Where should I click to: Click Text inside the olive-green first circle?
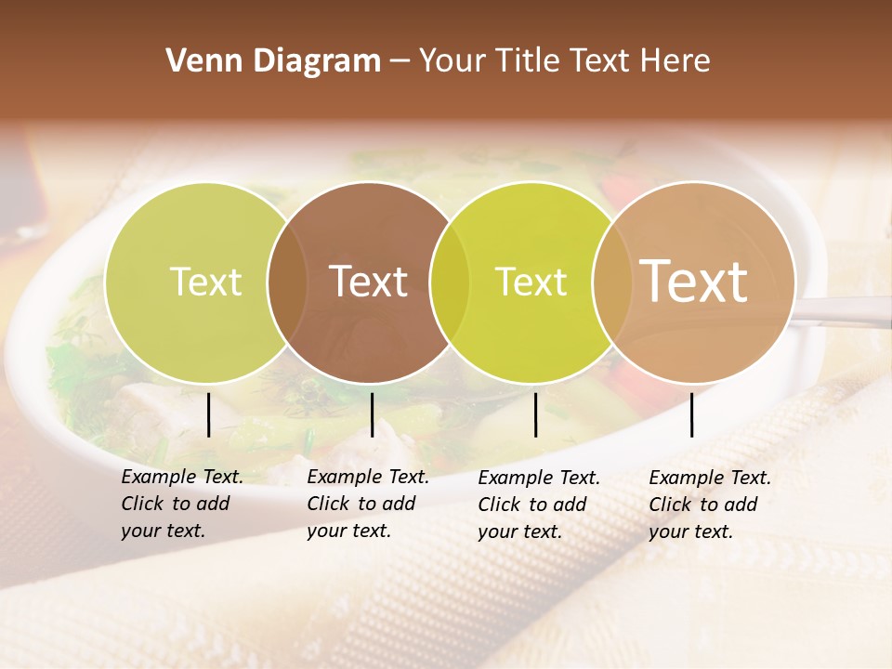pos(205,282)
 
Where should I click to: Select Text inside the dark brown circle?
pos(369,282)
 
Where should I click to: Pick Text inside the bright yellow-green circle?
pos(531,282)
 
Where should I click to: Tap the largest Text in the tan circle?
pos(694,281)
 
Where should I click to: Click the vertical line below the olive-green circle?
pos(208,414)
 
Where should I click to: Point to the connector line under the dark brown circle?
pos(372,414)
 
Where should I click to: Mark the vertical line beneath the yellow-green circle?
pos(535,414)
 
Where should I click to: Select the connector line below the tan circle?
pos(691,414)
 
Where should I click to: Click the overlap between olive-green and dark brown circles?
pos(287,282)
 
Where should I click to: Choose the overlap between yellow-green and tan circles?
pos(609,282)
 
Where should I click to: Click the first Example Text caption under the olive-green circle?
pos(181,504)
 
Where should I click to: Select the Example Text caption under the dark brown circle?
pos(367,504)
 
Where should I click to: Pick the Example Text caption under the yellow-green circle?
pos(538,505)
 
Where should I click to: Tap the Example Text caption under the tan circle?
pos(709,505)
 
